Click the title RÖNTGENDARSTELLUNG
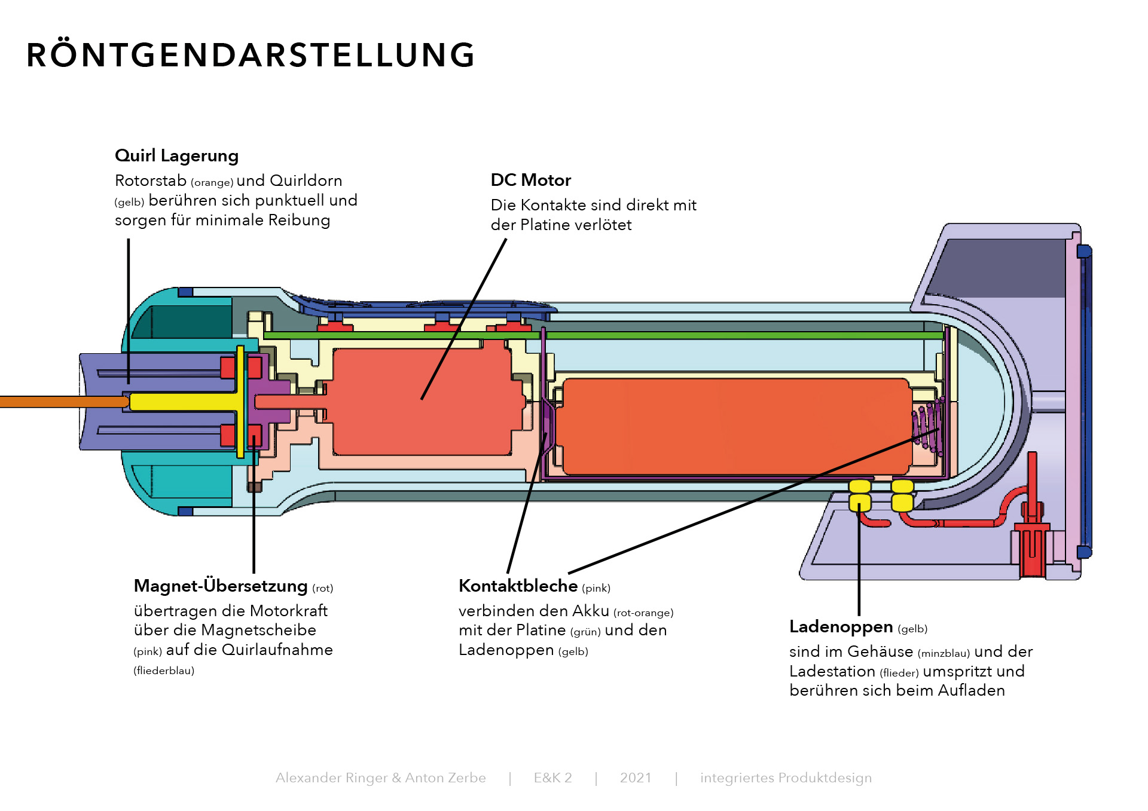(251, 55)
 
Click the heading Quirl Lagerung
(176, 156)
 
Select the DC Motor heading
(530, 180)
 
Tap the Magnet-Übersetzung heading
(221, 586)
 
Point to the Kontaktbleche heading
(518, 586)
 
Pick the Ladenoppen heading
(841, 626)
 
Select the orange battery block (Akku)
(735, 427)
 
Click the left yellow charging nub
(860, 495)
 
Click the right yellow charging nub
(902, 495)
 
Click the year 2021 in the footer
(635, 778)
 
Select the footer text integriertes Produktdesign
(786, 778)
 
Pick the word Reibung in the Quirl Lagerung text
(299, 220)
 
